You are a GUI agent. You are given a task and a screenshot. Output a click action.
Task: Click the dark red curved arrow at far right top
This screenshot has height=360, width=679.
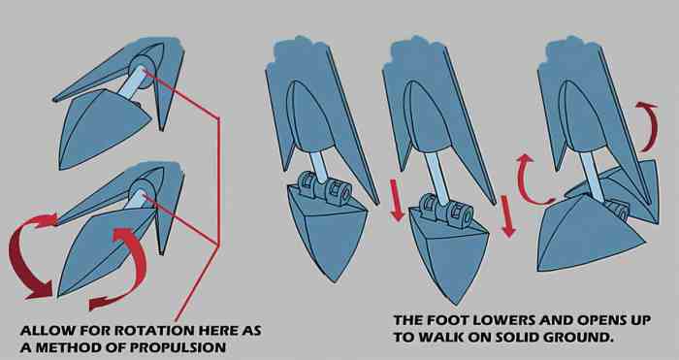pos(650,125)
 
